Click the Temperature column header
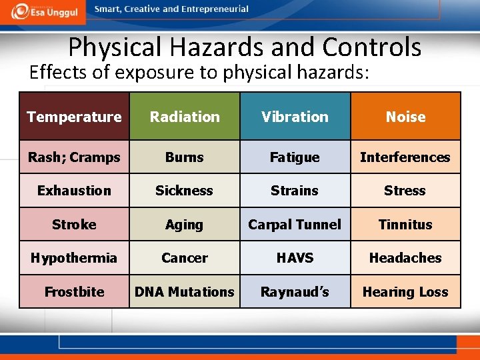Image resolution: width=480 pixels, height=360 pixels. [74, 117]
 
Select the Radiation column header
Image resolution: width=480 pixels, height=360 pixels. [185, 117]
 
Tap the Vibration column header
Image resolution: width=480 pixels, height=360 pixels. [295, 117]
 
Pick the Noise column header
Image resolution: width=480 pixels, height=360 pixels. [405, 117]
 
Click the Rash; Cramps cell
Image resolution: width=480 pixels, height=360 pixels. [74, 157]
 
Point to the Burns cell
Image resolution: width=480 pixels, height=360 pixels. [185, 157]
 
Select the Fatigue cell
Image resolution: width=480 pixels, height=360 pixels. [295, 157]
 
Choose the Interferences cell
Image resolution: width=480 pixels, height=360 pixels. [405, 157]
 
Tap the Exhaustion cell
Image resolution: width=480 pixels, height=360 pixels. [74, 191]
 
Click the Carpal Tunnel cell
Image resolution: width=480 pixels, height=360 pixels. [295, 225]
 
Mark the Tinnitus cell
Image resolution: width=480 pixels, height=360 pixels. [405, 225]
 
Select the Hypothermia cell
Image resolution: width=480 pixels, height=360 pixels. [74, 258]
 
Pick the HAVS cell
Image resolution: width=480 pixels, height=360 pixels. [295, 258]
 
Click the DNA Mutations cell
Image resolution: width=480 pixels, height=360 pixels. [185, 292]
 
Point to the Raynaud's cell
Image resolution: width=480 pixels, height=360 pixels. [295, 292]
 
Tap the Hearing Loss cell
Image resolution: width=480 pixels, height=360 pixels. [405, 292]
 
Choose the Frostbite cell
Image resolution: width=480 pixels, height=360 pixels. [74, 292]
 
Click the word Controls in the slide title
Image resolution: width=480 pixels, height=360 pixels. [372, 47]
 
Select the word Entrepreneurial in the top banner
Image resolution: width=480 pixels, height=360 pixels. [213, 9]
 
